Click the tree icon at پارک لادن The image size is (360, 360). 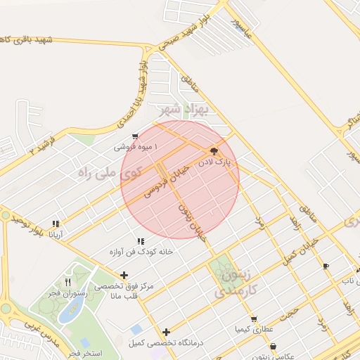click(x=213, y=151)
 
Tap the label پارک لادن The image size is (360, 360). click(x=219, y=162)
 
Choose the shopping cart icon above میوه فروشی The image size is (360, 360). click(x=135, y=136)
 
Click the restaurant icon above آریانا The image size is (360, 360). click(x=56, y=224)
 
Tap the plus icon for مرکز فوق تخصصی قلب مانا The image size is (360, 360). click(x=124, y=275)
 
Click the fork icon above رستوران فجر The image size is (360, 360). click(x=67, y=281)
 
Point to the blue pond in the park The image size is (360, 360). click(x=69, y=313)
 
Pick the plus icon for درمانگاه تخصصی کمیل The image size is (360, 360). click(x=167, y=332)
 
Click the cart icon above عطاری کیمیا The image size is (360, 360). click(x=254, y=318)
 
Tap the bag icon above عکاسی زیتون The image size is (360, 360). click(x=273, y=346)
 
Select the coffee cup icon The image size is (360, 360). click(x=325, y=266)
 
